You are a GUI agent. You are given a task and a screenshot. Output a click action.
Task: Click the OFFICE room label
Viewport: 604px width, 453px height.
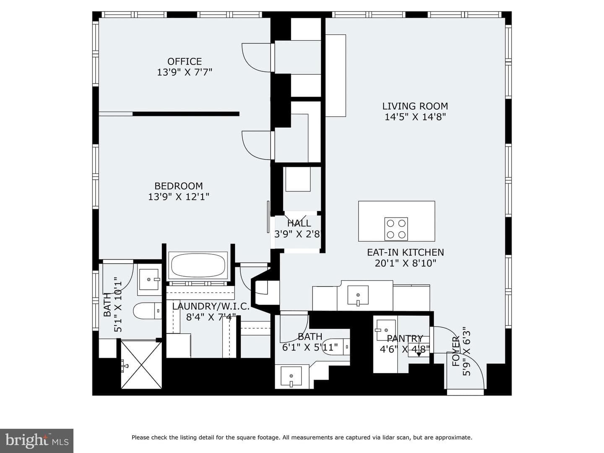tap(185, 61)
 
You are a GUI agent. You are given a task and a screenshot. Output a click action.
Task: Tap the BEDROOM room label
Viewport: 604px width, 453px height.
tap(179, 186)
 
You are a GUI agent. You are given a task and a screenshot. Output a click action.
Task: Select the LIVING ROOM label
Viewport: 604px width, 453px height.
tap(415, 106)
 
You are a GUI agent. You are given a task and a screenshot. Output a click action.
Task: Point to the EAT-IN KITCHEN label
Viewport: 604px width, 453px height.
tap(405, 252)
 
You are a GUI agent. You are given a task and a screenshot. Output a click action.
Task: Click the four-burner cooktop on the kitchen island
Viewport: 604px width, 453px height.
tap(396, 229)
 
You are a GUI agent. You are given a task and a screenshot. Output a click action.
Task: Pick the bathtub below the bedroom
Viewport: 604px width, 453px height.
tap(198, 265)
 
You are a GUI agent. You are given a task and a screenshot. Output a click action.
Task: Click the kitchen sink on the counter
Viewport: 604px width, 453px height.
tap(358, 295)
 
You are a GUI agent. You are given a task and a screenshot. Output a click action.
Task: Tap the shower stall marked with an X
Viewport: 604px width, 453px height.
tap(141, 365)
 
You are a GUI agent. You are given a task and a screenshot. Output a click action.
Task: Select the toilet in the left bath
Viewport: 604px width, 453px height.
tap(148, 311)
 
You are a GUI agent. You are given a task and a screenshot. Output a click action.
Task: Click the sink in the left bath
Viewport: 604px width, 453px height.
tap(149, 280)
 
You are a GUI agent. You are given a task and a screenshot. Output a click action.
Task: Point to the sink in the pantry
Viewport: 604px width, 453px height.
tap(386, 330)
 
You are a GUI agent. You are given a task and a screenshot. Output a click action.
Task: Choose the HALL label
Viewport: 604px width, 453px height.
tap(299, 223)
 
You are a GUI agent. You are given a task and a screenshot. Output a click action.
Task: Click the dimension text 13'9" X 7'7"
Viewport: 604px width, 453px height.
tap(185, 72)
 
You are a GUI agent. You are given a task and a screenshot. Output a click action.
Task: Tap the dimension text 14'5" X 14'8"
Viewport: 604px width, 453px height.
tap(415, 117)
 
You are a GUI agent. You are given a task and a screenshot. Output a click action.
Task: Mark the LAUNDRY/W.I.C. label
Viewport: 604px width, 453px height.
tap(211, 306)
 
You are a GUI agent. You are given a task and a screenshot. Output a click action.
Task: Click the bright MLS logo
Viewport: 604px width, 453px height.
tap(36, 440)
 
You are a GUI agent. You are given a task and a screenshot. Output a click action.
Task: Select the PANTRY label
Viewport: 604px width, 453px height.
tap(405, 338)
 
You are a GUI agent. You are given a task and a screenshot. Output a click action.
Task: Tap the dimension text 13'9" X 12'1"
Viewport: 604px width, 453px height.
tap(179, 197)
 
